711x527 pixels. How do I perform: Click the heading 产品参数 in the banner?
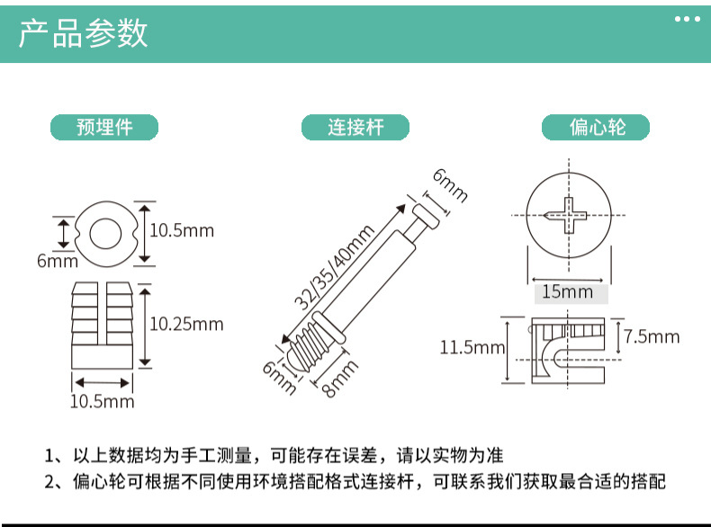click(x=84, y=34)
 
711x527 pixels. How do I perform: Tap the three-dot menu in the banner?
click(x=686, y=19)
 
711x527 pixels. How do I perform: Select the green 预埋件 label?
click(x=104, y=128)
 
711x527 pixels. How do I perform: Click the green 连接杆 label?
click(x=355, y=128)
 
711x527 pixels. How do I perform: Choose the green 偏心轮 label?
click(x=596, y=128)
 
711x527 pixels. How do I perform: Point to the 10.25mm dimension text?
click(x=186, y=324)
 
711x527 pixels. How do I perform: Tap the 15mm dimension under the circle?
click(x=568, y=291)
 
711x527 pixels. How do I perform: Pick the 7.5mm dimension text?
click(x=652, y=336)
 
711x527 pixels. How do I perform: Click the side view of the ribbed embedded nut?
click(x=105, y=326)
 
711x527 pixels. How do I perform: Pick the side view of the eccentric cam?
click(x=567, y=351)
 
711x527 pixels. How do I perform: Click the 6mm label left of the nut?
click(x=57, y=261)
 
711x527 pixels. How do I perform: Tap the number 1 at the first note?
click(x=50, y=455)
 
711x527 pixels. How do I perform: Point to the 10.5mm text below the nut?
click(x=102, y=401)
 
